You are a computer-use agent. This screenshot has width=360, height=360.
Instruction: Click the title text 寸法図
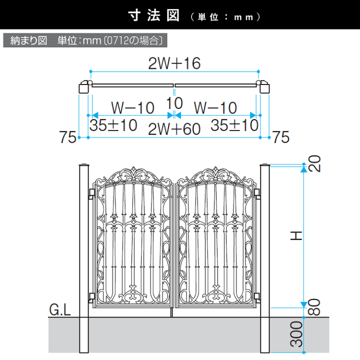154,15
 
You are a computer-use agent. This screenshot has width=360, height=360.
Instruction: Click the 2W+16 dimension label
174,63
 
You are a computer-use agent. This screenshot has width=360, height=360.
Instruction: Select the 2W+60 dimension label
174,129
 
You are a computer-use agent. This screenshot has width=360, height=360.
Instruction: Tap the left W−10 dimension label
132,107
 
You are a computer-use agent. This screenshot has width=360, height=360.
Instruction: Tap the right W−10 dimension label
215,107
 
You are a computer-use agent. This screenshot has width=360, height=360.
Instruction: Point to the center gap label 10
174,103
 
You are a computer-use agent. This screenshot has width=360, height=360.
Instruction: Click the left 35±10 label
113,125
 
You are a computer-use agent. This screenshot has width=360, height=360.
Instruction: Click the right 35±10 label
234,125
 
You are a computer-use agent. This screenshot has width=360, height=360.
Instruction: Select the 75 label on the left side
67,137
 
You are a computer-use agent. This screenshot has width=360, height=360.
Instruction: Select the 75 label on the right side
281,137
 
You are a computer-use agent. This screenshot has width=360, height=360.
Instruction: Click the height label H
296,236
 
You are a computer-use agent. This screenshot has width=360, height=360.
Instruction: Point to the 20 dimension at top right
314,163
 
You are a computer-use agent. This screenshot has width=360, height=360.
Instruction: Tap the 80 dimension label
314,307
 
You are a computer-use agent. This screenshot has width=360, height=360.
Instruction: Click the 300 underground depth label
296,334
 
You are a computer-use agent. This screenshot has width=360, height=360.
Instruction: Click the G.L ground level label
60,309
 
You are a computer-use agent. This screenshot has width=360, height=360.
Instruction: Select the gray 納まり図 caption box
85,40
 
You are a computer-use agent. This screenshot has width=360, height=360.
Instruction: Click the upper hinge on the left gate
91,193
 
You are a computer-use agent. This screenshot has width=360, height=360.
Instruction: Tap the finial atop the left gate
133,171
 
